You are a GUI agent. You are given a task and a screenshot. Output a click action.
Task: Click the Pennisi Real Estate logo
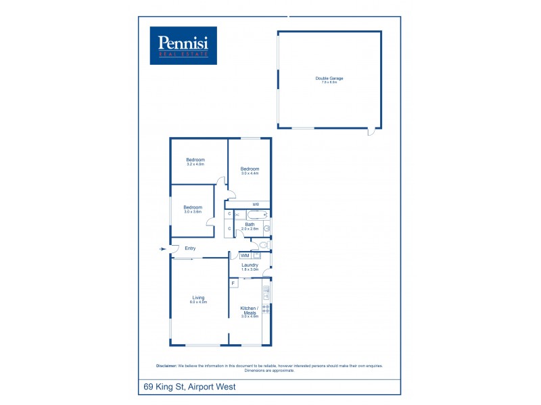click(x=183, y=45)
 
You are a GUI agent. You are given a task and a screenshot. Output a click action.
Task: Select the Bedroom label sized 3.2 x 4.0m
click(x=195, y=161)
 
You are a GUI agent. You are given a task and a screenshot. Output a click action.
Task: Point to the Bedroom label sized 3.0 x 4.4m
click(x=250, y=171)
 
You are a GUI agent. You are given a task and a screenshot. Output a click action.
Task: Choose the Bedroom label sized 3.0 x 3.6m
click(x=193, y=209)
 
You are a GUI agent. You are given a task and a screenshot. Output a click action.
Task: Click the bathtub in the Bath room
click(x=256, y=215)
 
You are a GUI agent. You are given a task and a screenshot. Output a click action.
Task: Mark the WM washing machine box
click(x=245, y=256)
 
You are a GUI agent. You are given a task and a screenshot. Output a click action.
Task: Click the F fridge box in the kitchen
click(x=233, y=283)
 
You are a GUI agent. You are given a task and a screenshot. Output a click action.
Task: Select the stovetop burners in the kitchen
click(x=266, y=308)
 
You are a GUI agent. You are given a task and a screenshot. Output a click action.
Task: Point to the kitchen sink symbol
click(x=266, y=292)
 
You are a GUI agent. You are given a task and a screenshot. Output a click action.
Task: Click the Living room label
click(x=198, y=299)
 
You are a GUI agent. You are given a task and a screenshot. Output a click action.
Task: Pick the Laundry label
click(x=250, y=267)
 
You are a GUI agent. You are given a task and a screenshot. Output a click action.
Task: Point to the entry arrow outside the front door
click(x=162, y=249)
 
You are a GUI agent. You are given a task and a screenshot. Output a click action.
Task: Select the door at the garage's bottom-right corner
click(x=371, y=132)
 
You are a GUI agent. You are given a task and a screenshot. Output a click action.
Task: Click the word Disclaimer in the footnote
click(x=166, y=366)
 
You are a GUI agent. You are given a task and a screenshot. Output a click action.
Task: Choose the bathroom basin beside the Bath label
click(x=267, y=228)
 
